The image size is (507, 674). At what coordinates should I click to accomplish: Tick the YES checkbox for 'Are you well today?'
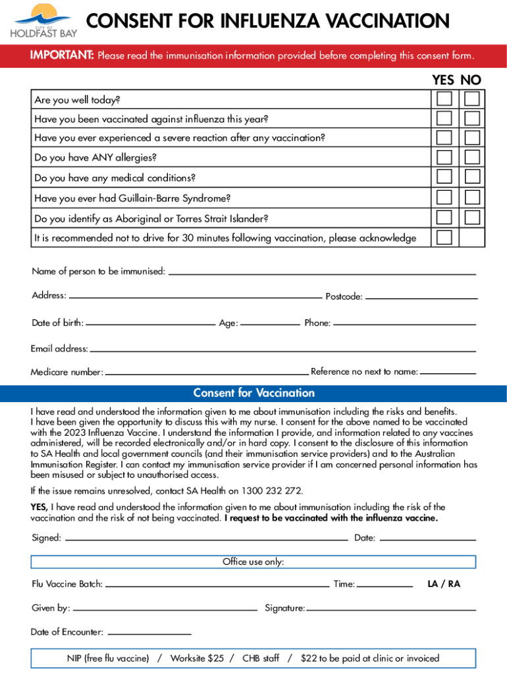pos(444,99)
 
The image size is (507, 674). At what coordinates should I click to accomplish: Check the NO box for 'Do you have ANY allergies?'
pos(471,157)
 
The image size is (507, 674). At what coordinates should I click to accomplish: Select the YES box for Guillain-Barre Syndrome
pos(444,197)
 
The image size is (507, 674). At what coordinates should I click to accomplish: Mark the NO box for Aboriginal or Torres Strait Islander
pos(471,217)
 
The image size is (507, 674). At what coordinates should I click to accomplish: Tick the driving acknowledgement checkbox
pos(444,237)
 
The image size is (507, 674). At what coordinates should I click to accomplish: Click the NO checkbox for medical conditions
pos(471,177)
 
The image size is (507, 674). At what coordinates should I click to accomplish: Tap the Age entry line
pos(269,323)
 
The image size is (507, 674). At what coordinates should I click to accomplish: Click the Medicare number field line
pos(207,373)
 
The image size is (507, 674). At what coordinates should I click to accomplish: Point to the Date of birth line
pos(151,323)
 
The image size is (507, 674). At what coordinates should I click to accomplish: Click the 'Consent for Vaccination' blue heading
pos(254,394)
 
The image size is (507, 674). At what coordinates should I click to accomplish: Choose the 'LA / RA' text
pos(444,584)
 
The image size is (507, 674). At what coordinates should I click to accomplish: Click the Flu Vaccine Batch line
pos(217,584)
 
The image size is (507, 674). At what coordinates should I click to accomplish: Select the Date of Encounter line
pos(149,633)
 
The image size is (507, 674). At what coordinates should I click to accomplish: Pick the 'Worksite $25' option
pos(197,658)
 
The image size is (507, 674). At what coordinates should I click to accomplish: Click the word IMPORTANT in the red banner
pos(62,55)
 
